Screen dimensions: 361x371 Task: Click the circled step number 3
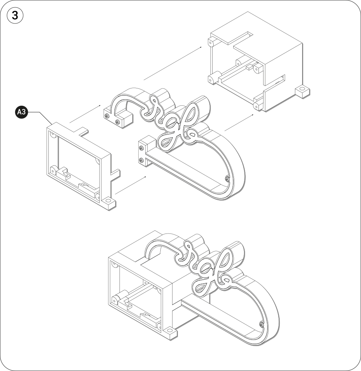[x=15, y=16]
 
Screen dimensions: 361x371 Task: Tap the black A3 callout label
[x=22, y=112]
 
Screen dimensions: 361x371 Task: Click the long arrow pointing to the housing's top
[x=173, y=63]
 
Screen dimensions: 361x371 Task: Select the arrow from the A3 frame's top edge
[x=85, y=114]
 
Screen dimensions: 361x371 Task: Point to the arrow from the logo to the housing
[x=239, y=122]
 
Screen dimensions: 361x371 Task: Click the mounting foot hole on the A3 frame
[x=108, y=201]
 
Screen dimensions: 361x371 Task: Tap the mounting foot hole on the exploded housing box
[x=302, y=90]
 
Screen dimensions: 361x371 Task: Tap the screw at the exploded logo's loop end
[x=227, y=179]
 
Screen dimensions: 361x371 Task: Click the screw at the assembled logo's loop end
[x=261, y=324]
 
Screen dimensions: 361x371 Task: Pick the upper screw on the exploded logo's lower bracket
[x=141, y=148]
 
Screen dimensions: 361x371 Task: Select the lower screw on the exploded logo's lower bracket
[x=141, y=161]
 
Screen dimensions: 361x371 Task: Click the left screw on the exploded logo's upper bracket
[x=107, y=116]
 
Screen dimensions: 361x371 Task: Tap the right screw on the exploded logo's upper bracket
[x=117, y=122]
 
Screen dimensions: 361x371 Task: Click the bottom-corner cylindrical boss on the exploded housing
[x=256, y=106]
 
